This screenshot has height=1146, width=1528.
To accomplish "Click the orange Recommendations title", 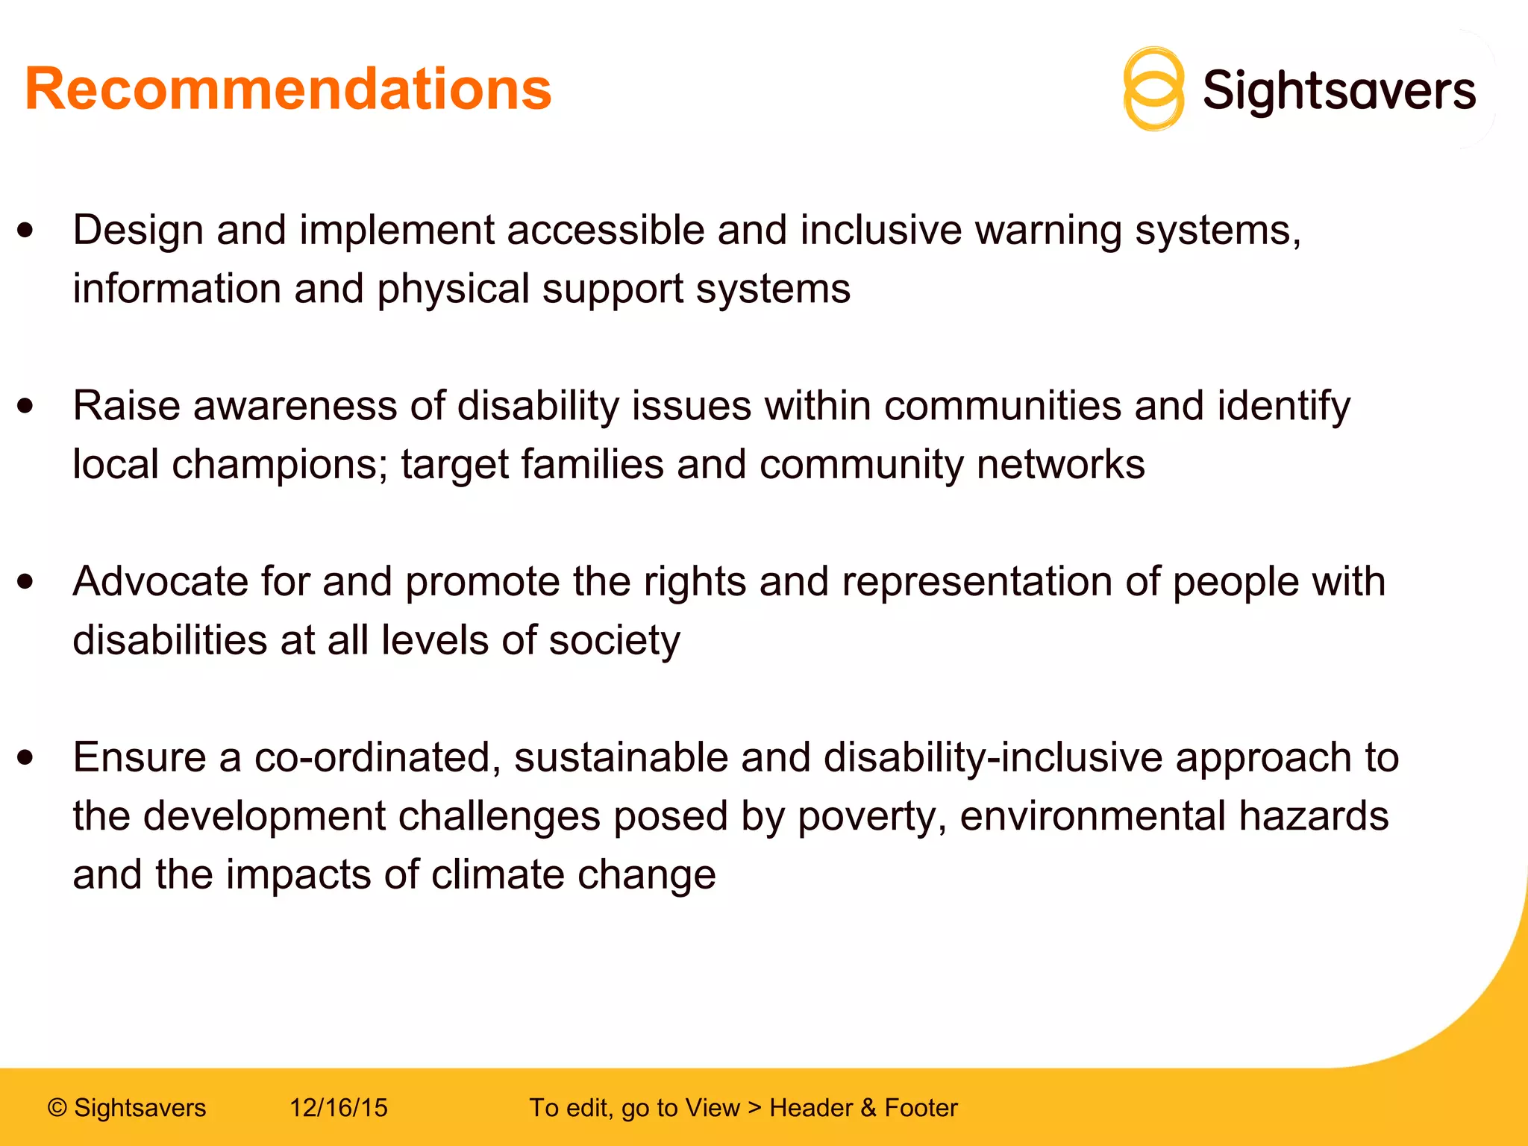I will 288,90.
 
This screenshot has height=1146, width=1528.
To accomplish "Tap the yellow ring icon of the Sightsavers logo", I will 1153,90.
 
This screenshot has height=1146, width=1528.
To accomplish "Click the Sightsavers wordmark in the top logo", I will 1339,91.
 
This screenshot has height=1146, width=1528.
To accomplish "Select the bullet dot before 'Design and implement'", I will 26,230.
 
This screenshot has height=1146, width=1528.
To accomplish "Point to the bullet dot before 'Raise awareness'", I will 26,406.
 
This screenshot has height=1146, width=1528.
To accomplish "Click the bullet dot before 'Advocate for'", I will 26,581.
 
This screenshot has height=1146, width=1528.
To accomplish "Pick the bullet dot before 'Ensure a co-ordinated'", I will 26,757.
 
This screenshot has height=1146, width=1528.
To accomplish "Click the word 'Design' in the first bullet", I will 138,230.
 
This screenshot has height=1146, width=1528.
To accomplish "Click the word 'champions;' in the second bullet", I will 280,465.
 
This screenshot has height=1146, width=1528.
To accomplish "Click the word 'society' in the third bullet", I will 614,641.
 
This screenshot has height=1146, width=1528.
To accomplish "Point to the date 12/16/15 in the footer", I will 339,1108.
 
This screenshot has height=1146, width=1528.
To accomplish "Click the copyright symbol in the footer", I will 57,1108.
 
